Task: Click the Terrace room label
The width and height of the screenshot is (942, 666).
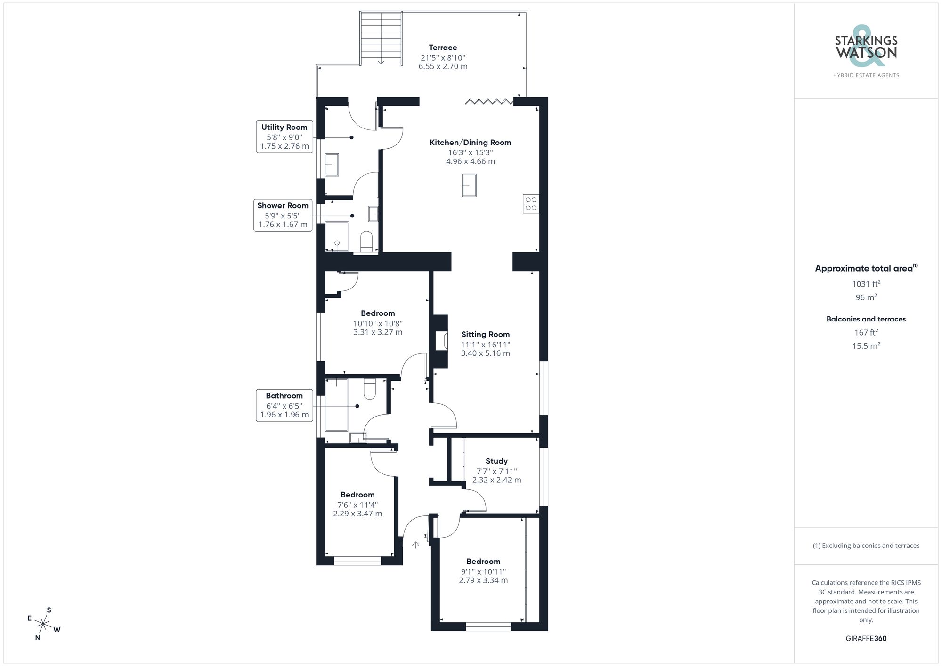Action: click(x=443, y=48)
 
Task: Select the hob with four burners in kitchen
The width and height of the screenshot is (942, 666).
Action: click(x=531, y=204)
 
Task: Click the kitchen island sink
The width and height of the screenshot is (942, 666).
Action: click(x=469, y=185)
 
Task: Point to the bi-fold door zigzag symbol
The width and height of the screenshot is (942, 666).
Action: click(x=488, y=101)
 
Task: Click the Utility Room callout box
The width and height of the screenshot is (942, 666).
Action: click(x=284, y=136)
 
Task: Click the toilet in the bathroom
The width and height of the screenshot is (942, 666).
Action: click(x=370, y=389)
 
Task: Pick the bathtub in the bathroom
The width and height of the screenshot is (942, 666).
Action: click(x=336, y=405)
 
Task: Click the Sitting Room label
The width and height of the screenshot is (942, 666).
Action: click(x=485, y=335)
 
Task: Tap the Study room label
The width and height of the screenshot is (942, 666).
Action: click(x=496, y=461)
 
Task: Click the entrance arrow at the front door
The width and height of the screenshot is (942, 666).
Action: click(x=415, y=545)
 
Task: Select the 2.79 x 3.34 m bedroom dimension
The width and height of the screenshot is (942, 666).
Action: click(x=483, y=580)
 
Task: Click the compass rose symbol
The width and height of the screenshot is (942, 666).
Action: click(x=43, y=625)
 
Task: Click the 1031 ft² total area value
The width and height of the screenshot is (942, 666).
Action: click(x=866, y=284)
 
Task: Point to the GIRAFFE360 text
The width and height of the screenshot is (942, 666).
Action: click(x=866, y=638)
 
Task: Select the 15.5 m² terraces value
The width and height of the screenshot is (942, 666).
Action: click(x=866, y=346)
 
